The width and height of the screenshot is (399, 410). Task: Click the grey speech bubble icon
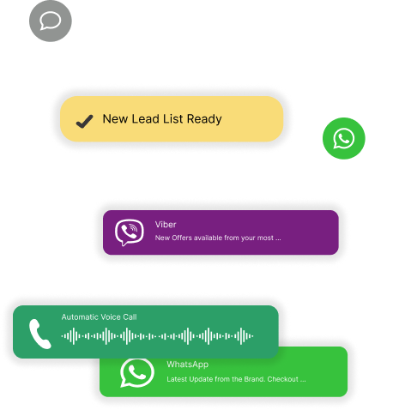(x=51, y=21)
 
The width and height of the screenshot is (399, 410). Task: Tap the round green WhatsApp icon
(x=344, y=138)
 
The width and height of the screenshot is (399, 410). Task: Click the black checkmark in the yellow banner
(x=84, y=122)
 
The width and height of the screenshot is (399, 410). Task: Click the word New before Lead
(x=115, y=119)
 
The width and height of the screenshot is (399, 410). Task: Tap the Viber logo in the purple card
(x=130, y=232)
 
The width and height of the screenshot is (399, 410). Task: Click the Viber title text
(x=166, y=225)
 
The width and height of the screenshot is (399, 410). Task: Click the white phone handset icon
(x=40, y=334)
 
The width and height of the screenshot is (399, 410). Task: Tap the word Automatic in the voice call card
(x=76, y=317)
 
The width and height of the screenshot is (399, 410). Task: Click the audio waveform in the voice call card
(x=157, y=336)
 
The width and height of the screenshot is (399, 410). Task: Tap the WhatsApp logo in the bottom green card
(x=137, y=373)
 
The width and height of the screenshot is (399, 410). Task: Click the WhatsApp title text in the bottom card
(x=188, y=365)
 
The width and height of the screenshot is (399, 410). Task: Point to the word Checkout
(x=283, y=379)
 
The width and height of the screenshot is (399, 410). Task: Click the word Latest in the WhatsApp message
(x=177, y=379)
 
